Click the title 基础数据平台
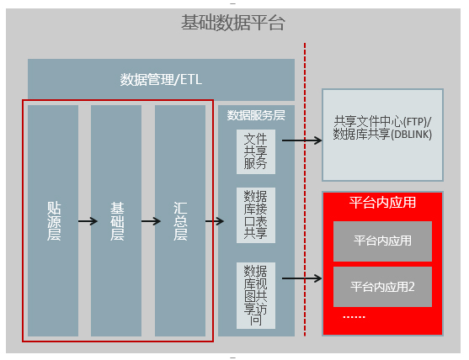[232, 23]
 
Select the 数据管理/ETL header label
[161, 79]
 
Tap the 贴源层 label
[54, 221]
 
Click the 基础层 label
[117, 221]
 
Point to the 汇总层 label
[180, 221]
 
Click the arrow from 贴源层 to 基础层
[88, 221]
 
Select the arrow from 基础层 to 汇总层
[151, 221]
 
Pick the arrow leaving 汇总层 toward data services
[215, 221]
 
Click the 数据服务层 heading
[256, 115]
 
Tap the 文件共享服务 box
[256, 151]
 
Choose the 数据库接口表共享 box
[256, 215]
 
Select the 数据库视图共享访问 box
[256, 295]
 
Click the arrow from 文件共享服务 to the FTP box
[302, 140]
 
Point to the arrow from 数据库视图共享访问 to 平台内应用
[302, 278]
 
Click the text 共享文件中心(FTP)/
[382, 122]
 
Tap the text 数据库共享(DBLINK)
[382, 134]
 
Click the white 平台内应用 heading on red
[382, 202]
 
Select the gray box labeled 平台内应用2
[382, 287]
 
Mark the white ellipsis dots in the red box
[354, 316]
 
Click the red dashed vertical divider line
[305, 189]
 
